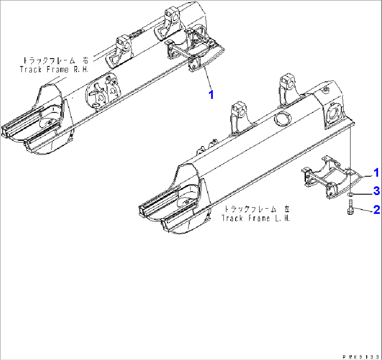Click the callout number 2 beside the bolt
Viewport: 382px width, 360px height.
point(377,209)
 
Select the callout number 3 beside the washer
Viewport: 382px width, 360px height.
point(377,191)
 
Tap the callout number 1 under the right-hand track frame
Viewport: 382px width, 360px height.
point(211,95)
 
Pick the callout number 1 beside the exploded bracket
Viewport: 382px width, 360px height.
point(376,173)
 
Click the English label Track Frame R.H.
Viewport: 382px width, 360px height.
point(54,69)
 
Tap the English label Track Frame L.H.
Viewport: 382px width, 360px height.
point(255,218)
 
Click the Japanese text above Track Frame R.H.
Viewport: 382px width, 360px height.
point(55,60)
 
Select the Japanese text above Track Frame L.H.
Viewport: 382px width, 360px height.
point(257,209)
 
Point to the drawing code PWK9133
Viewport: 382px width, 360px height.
point(362,357)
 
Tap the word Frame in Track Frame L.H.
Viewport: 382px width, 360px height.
point(259,218)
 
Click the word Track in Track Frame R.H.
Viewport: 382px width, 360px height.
point(30,69)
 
